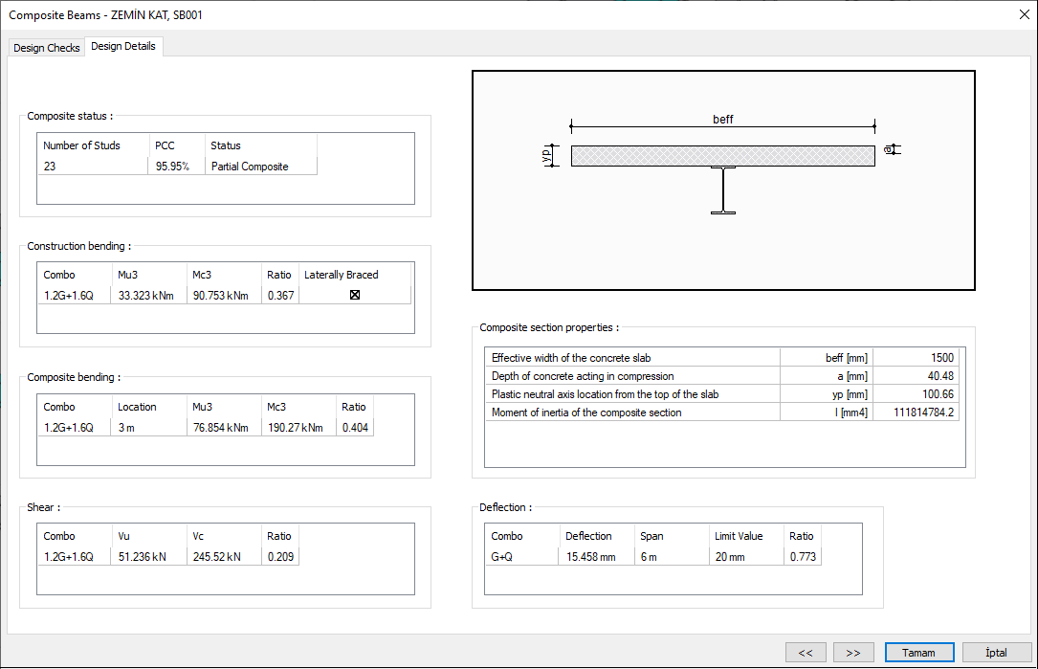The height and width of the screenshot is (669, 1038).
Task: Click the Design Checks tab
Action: pyautogui.click(x=47, y=48)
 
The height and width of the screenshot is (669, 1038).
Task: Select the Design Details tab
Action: pyautogui.click(x=123, y=46)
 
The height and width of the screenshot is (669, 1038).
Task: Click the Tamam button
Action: pyautogui.click(x=918, y=653)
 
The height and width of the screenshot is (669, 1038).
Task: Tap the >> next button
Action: pyautogui.click(x=853, y=653)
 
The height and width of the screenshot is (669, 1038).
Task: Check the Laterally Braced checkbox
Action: pyautogui.click(x=355, y=295)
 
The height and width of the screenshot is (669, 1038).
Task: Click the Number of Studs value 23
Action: pyautogui.click(x=50, y=167)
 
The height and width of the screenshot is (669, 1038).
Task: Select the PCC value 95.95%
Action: pyautogui.click(x=172, y=167)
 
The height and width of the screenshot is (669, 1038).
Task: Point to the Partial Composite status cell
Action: pyautogui.click(x=250, y=167)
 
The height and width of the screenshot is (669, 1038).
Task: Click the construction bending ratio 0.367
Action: pyautogui.click(x=279, y=295)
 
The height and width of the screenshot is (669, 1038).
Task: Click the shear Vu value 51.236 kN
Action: pyautogui.click(x=141, y=556)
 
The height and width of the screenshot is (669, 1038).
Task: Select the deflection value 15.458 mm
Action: pyautogui.click(x=590, y=556)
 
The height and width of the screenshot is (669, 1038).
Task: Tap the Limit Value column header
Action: pyautogui.click(x=739, y=536)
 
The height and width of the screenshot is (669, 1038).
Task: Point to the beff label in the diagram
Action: pyautogui.click(x=723, y=120)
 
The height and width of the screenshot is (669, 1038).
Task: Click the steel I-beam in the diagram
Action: pyautogui.click(x=723, y=190)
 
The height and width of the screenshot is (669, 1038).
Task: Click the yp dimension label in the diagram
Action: pyautogui.click(x=546, y=155)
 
